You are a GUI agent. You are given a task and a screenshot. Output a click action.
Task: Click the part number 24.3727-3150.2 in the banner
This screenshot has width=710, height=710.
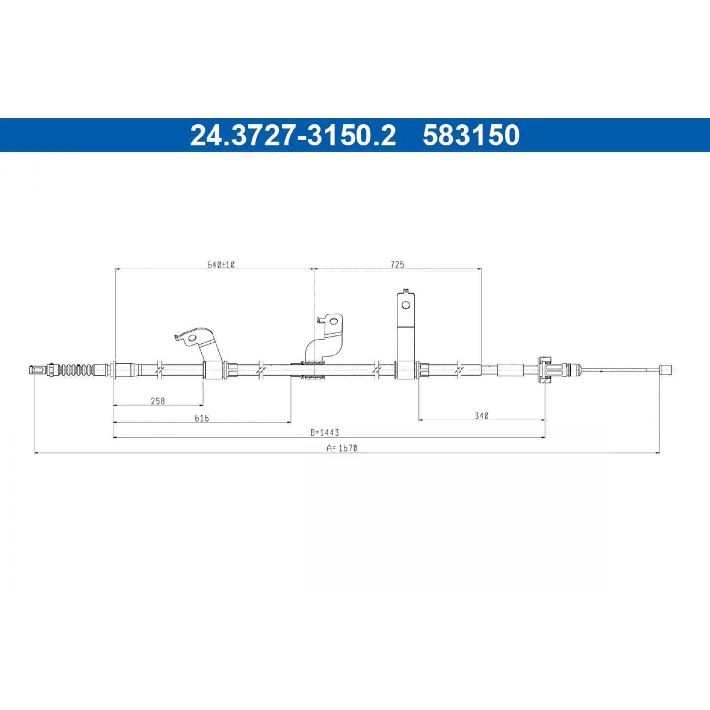click(293, 135)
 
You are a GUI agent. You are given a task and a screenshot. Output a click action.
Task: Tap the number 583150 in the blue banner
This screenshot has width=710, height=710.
click(471, 135)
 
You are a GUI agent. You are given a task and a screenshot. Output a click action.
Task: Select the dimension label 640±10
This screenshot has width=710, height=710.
click(221, 265)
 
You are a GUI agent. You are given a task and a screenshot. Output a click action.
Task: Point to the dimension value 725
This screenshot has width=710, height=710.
click(397, 265)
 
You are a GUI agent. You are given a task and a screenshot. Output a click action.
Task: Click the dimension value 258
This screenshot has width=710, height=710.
click(158, 401)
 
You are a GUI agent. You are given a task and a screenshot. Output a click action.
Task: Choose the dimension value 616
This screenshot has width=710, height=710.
click(202, 418)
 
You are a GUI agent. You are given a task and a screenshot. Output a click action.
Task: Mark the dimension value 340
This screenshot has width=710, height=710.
click(482, 416)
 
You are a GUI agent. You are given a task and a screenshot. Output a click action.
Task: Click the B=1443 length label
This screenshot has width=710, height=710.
click(324, 432)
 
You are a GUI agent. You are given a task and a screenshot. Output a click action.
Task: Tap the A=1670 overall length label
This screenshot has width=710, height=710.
click(342, 448)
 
